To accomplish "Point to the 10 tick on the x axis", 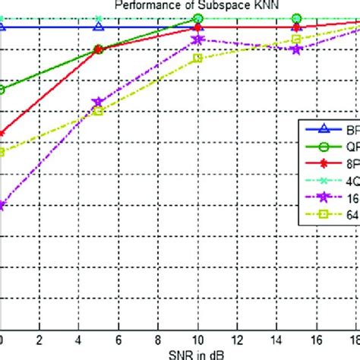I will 197,341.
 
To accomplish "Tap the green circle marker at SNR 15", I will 296,17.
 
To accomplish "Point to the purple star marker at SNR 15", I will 296,49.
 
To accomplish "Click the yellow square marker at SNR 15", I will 296,39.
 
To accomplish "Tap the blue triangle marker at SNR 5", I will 98,27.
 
